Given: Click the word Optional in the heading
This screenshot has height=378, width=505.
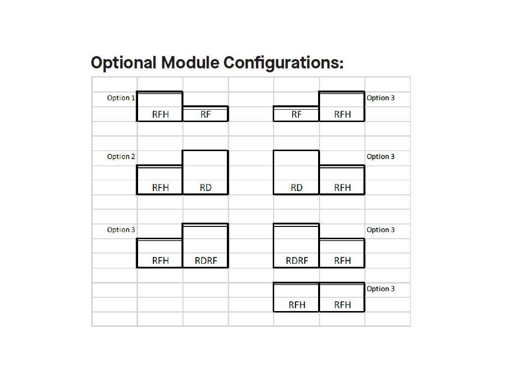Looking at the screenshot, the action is tap(124, 63).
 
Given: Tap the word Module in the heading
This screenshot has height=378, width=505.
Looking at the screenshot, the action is tap(190, 63).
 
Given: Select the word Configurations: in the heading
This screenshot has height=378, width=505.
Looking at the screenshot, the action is tap(284, 63).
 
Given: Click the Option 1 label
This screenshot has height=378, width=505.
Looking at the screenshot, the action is tap(121, 98).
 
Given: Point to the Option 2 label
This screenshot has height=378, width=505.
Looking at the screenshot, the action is tap(121, 157).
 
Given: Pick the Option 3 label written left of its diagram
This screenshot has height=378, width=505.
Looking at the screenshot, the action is tap(121, 230).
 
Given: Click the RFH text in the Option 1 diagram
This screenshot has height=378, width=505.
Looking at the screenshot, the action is tap(160, 114).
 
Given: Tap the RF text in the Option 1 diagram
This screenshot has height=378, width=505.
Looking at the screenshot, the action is tap(206, 114).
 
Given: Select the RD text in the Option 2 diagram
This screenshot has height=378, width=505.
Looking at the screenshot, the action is tap(206, 188).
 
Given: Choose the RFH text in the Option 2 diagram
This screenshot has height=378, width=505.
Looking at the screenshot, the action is tap(160, 188).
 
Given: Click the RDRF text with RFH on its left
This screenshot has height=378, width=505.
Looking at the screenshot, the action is tap(206, 261).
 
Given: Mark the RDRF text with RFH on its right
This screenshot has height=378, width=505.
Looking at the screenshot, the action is tap(297, 261).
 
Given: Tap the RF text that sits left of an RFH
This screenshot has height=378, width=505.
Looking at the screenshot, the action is tap(296, 114).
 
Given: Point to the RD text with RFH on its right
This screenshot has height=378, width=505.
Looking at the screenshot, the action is tap(296, 188).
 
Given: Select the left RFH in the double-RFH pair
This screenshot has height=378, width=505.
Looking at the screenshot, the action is tap(297, 305).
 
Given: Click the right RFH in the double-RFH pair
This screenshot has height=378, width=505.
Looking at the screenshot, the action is tap(342, 305).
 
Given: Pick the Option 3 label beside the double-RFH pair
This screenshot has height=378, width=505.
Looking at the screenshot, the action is tap(380, 289).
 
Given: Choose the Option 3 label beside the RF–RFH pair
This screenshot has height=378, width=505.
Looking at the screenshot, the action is tap(380, 98).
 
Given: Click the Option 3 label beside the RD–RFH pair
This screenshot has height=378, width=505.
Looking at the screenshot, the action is tap(380, 157).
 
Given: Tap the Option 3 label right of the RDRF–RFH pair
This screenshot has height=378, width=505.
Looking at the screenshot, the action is tap(380, 230).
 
